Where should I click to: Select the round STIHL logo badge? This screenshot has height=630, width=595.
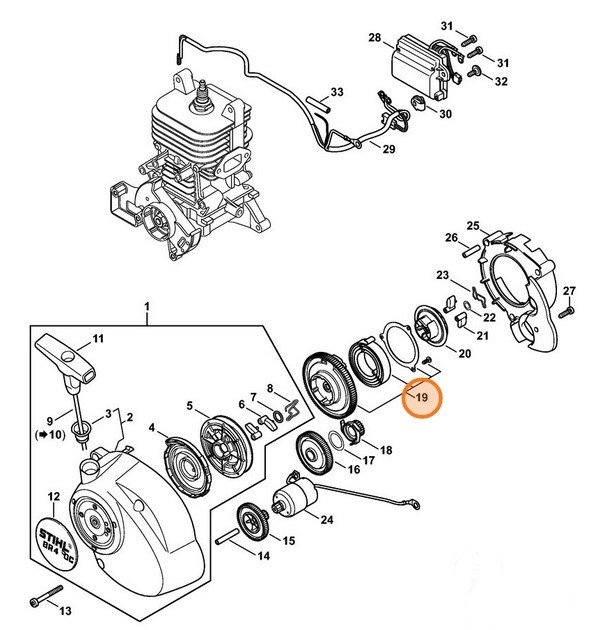coord(58,541)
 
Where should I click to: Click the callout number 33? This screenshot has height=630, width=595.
coord(338,93)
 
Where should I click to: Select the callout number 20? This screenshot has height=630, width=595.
coord(463,353)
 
